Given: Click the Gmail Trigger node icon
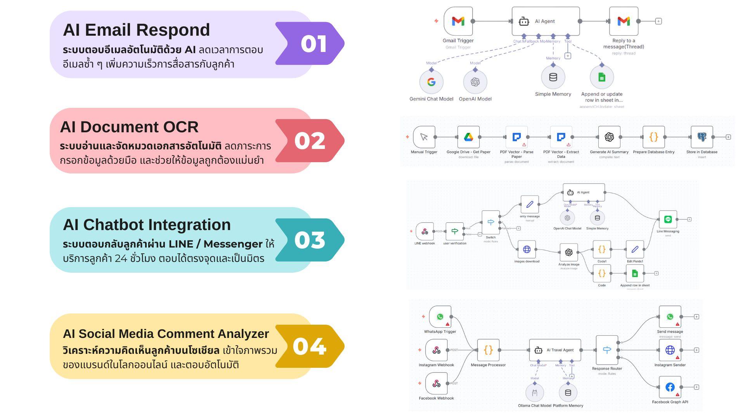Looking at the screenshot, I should (458, 21).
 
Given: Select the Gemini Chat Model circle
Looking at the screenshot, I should (431, 82).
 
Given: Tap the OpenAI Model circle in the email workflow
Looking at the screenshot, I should (475, 82).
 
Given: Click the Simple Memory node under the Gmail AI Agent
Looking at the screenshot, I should (553, 77).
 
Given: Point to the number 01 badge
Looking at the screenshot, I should (314, 43).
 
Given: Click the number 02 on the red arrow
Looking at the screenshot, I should (310, 140).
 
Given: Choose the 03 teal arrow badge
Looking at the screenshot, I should (310, 240).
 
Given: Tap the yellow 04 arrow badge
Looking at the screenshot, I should (310, 346).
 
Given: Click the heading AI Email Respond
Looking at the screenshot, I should (136, 30).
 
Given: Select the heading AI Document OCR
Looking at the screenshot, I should (129, 127).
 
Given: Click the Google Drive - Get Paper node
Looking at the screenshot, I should (468, 137).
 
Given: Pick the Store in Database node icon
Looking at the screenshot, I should (702, 137).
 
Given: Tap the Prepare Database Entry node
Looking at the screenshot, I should (653, 137).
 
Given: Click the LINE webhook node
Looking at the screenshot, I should (424, 231).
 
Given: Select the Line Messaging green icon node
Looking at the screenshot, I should (668, 220).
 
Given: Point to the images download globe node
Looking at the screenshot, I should (527, 249).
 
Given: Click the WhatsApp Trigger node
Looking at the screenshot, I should (440, 317).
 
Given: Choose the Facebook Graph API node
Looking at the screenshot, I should (670, 387).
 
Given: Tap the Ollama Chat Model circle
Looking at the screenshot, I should (535, 393).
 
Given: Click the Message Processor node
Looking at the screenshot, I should (488, 350).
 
